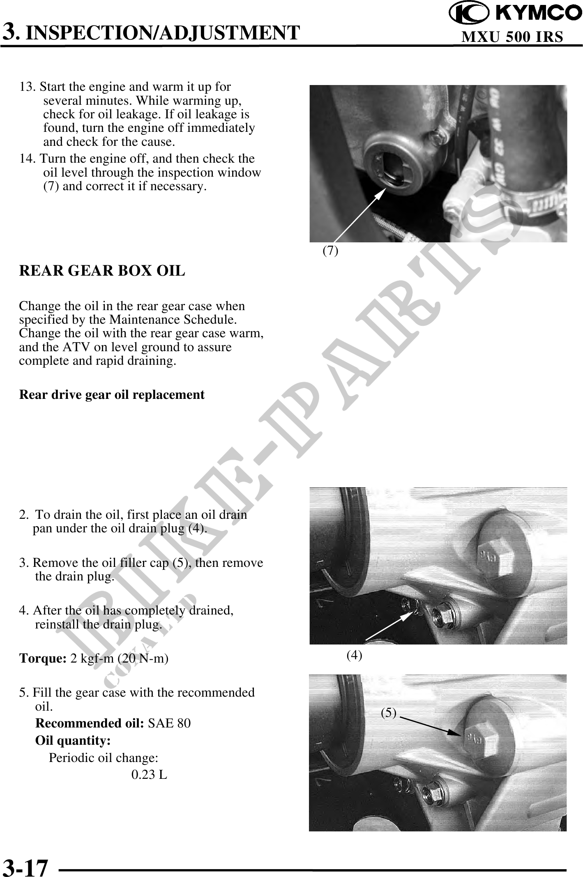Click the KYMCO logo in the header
515,14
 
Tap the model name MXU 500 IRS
512,37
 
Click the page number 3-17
25,863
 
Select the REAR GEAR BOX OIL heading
102,271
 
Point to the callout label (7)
330,250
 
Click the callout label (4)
354,655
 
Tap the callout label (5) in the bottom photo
389,713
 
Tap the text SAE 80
169,723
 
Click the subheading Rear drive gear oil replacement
112,394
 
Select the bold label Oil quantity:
73,741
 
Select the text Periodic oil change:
104,758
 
